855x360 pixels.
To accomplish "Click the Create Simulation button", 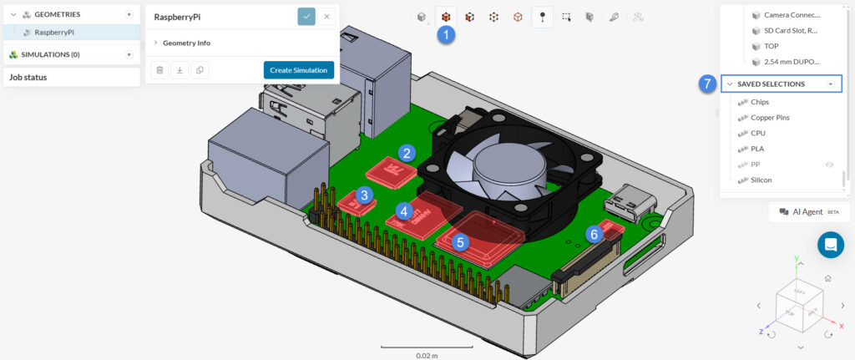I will pos(298,70).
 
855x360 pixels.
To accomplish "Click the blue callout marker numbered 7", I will pos(707,84).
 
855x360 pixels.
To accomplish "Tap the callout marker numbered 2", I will pos(407,153).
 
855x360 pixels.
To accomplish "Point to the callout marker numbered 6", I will pos(594,235).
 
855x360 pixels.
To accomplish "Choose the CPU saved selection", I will pos(757,133).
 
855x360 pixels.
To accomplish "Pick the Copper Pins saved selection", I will pos(770,118).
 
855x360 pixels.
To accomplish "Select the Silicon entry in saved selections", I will pos(761,180).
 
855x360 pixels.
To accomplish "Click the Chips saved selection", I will pos(760,102).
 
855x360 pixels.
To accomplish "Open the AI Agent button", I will pos(809,212).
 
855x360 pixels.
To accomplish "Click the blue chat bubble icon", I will pos(831,245).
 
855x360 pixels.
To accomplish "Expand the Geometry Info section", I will pos(186,42).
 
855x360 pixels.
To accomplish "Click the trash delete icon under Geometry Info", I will pos(160,70).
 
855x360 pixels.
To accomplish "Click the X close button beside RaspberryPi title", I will pos(326,16).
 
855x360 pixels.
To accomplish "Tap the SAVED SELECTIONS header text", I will pos(771,84).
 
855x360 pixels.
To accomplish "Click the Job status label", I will pos(28,77).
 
